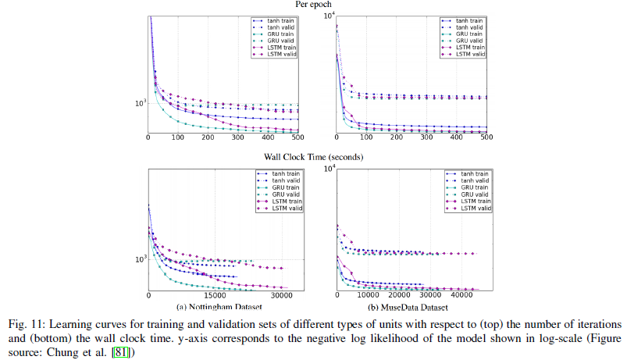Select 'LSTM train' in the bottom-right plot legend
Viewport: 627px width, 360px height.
473,201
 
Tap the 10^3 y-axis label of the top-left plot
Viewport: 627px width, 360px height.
140,103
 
